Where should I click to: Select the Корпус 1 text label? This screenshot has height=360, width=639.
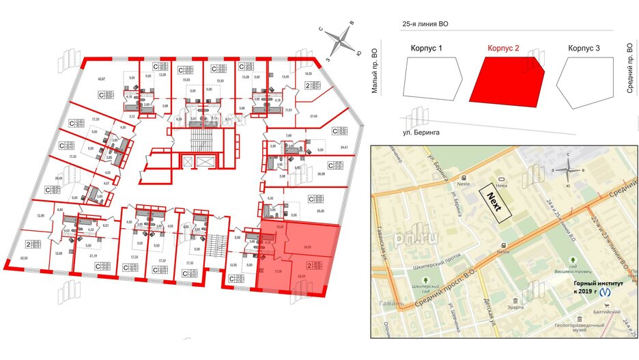click(427, 49)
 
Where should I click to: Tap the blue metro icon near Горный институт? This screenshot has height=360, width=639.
click(605, 290)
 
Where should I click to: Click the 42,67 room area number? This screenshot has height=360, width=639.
click(102, 80)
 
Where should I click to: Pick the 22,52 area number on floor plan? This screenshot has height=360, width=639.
click(25, 258)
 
